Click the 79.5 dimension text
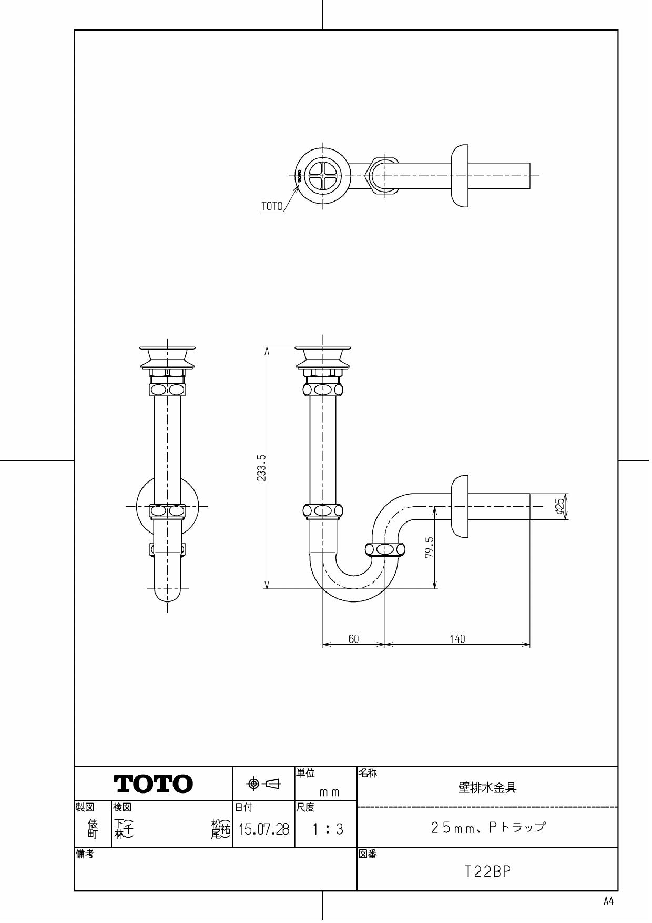(429, 548)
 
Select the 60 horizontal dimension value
(354, 638)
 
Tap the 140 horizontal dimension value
(457, 638)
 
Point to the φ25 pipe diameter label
(559, 506)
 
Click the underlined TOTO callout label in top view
(272, 206)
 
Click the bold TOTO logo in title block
(154, 784)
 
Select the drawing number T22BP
(487, 872)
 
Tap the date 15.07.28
(263, 830)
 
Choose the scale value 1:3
(327, 830)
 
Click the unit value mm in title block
(329, 792)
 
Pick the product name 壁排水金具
(487, 788)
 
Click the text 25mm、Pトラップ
(488, 827)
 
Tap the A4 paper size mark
(608, 901)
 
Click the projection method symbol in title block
(264, 784)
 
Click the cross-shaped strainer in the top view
(322, 175)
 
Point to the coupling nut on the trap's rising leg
(385, 549)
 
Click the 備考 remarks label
(84, 855)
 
